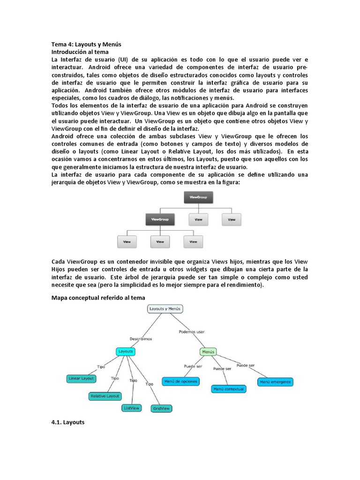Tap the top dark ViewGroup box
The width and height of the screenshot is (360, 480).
tap(198, 198)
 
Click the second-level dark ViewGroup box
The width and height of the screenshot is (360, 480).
tap(160, 219)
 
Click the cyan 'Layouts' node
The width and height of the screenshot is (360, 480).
tap(126, 351)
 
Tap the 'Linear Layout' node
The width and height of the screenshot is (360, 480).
tap(81, 378)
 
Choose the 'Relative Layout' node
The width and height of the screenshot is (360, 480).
tap(105, 396)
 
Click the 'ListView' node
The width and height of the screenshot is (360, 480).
tap(131, 408)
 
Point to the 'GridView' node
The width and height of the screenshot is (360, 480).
tap(161, 408)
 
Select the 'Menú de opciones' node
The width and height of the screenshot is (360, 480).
tap(180, 382)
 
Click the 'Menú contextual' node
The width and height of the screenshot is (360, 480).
tap(228, 389)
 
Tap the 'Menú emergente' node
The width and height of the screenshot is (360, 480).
tap(275, 382)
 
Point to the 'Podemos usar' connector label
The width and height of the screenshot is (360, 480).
tap(192, 331)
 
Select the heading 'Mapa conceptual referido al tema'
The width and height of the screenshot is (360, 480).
tap(98, 298)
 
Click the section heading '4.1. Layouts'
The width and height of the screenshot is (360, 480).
tap(67, 422)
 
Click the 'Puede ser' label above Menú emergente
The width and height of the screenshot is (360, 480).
tap(246, 365)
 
